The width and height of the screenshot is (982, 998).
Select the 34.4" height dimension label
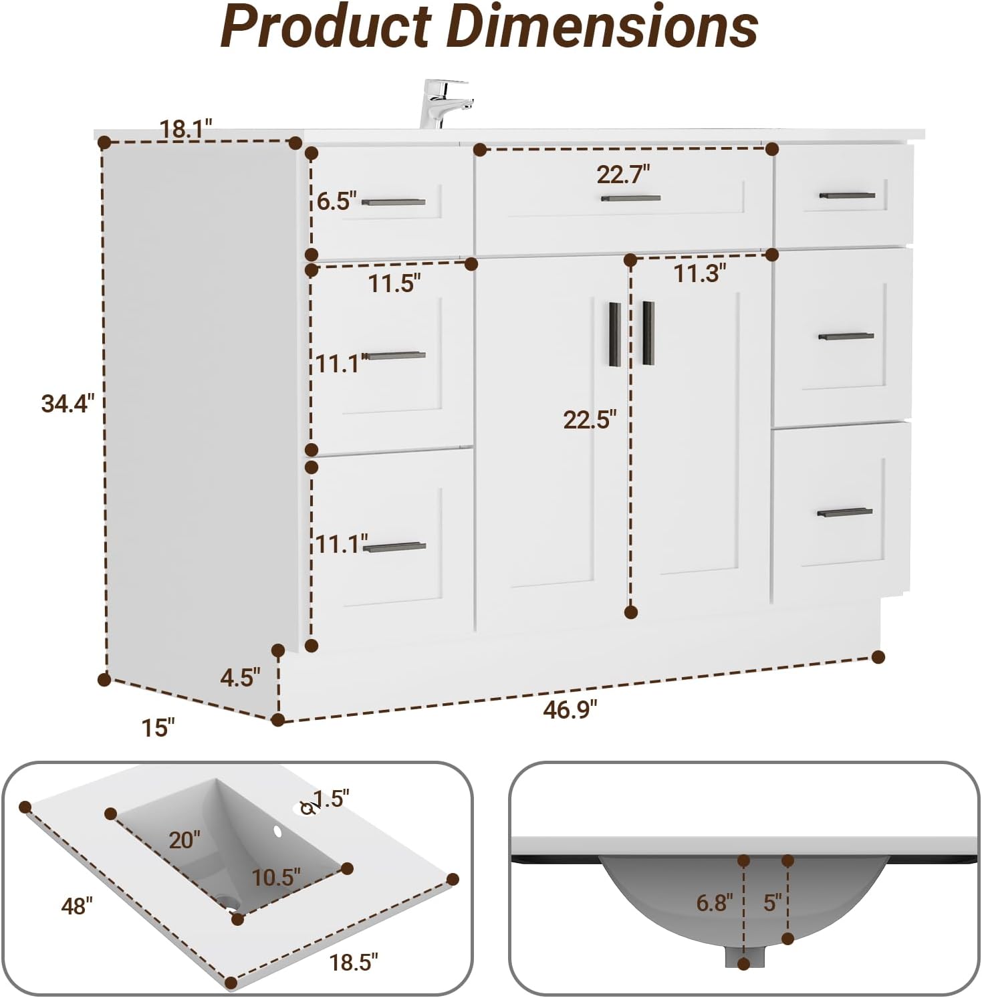pos(68,404)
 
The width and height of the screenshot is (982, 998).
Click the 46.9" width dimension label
pos(570,709)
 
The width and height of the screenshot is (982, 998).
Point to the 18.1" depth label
pos(185,128)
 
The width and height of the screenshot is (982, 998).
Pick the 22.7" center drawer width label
pos(623,175)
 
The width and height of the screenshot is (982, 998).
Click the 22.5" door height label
pos(589,420)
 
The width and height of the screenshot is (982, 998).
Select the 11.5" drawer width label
pos(394,283)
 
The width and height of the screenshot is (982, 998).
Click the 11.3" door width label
pos(699,273)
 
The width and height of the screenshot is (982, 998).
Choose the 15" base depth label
pos(158,728)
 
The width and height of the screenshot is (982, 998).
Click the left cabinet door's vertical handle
pos(615,334)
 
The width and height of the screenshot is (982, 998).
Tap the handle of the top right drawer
pos(847,195)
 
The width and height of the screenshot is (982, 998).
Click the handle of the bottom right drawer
pos(844,513)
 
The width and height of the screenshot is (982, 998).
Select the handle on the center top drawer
pos(630,198)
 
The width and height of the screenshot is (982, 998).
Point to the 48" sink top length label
pos(76,906)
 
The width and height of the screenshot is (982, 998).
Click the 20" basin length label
pos(184,840)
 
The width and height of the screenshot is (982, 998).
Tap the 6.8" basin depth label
pos(714,903)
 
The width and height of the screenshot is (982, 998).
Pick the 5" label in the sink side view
pos(772,902)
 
